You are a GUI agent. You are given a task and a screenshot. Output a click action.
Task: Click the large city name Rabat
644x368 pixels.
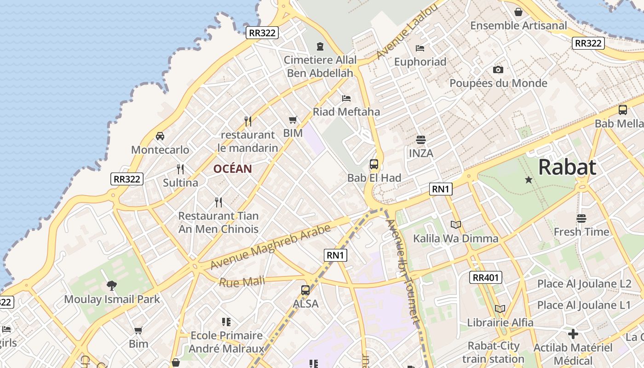pyautogui.click(x=567, y=167)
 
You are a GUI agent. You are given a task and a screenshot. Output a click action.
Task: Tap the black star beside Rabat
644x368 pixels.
pyautogui.click(x=529, y=180)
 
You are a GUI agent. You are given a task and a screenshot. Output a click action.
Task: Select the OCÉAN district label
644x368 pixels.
pyautogui.click(x=232, y=169)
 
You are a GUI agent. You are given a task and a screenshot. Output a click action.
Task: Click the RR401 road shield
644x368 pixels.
pyautogui.click(x=486, y=277)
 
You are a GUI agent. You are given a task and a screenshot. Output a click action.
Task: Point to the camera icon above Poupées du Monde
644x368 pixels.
pyautogui.click(x=498, y=70)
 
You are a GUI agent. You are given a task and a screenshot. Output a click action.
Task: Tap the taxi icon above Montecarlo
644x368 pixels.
pyautogui.click(x=160, y=136)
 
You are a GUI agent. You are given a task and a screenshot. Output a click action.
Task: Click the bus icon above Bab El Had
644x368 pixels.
pyautogui.click(x=374, y=164)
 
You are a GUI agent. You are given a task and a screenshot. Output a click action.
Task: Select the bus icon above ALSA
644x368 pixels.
pyautogui.click(x=305, y=290)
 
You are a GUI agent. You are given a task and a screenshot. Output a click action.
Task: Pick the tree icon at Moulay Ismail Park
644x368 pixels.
pyautogui.click(x=111, y=286)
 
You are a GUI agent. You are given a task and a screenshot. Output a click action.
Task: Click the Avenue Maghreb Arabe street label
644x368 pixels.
pyautogui.click(x=270, y=247)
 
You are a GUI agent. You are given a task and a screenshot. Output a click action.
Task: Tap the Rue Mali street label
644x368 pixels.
pyautogui.click(x=242, y=281)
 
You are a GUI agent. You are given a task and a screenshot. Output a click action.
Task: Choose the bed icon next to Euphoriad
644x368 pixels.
pyautogui.click(x=420, y=48)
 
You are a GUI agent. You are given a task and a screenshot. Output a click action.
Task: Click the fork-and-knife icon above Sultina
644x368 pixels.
pyautogui.click(x=180, y=169)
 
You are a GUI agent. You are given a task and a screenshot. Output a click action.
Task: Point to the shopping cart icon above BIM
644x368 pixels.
pyautogui.click(x=293, y=120)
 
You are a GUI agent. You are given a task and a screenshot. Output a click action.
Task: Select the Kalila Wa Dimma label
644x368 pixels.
pyautogui.click(x=455, y=238)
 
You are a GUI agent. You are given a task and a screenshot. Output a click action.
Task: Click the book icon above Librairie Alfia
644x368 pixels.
pyautogui.click(x=500, y=309)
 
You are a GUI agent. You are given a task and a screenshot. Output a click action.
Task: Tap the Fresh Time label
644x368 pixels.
pyautogui.click(x=581, y=232)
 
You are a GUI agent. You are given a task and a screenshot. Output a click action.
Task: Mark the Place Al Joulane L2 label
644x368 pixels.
pyautogui.click(x=584, y=284)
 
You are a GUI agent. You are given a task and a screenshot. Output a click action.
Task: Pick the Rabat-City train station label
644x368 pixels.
pyautogui.click(x=493, y=352)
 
